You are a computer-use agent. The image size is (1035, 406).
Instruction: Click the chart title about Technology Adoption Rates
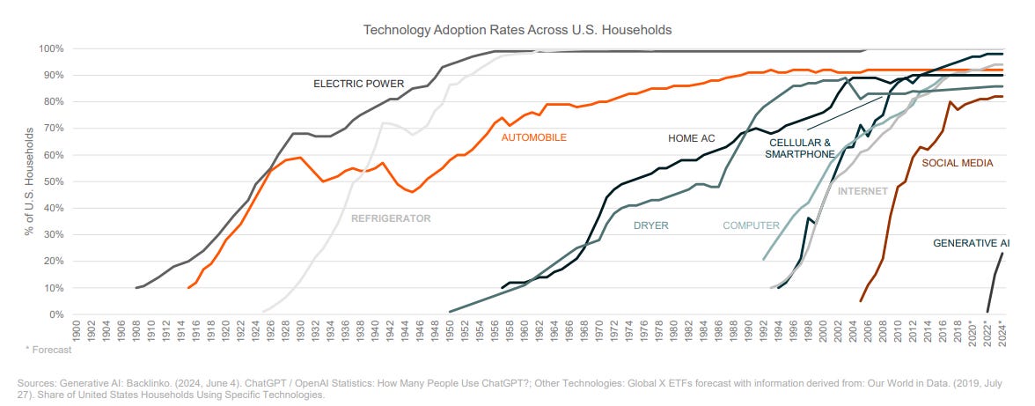pos(517,30)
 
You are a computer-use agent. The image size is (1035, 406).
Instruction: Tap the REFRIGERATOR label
pos(391,218)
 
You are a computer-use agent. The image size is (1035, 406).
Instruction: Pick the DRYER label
pos(651,225)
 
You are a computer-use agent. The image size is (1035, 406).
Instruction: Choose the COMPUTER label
pos(751,225)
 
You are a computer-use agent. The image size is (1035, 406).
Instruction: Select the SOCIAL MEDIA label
pos(958,163)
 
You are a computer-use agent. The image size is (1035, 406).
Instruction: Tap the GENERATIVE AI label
pos(971,242)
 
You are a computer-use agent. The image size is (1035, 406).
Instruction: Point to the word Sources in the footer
pos(33,384)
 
